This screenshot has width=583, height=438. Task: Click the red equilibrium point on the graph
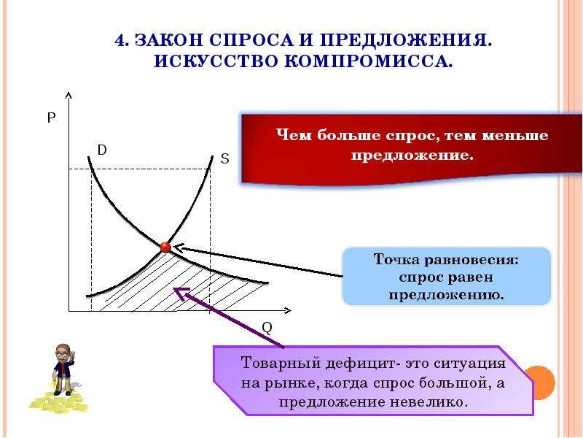pyautogui.click(x=165, y=247)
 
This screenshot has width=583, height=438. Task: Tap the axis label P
pyautogui.click(x=51, y=118)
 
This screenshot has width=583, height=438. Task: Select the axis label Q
pyautogui.click(x=267, y=328)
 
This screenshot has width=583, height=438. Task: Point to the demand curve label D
pyautogui.click(x=102, y=150)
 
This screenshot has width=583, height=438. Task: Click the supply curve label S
pyautogui.click(x=224, y=159)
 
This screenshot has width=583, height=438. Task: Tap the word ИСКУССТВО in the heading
pyautogui.click(x=216, y=61)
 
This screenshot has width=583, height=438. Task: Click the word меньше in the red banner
pyautogui.click(x=515, y=135)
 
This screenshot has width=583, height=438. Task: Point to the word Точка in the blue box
pyautogui.click(x=396, y=259)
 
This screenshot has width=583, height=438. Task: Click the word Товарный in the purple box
pyautogui.click(x=281, y=363)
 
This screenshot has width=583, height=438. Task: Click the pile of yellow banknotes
pyautogui.click(x=59, y=401)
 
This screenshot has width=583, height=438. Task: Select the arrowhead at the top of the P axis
pyautogui.click(x=68, y=96)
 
